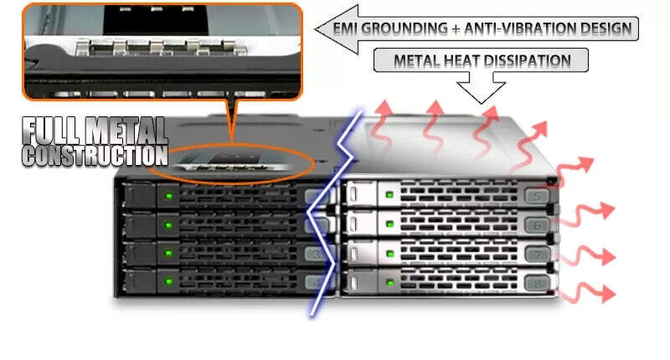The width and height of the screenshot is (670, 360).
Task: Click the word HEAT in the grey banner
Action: click(465, 60)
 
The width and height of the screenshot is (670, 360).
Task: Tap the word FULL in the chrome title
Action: click(53, 131)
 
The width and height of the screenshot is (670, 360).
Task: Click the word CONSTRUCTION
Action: click(95, 155)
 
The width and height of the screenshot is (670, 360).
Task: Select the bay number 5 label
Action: click(537, 198)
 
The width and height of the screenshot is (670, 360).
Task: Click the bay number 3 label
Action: click(315, 253)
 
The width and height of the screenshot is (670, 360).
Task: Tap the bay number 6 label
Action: click(537, 225)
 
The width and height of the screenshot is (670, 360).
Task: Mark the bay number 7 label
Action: click(537, 254)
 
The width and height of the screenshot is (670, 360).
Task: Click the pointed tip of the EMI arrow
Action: click(319, 28)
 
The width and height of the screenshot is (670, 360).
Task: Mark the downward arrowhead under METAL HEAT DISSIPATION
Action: click(480, 92)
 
